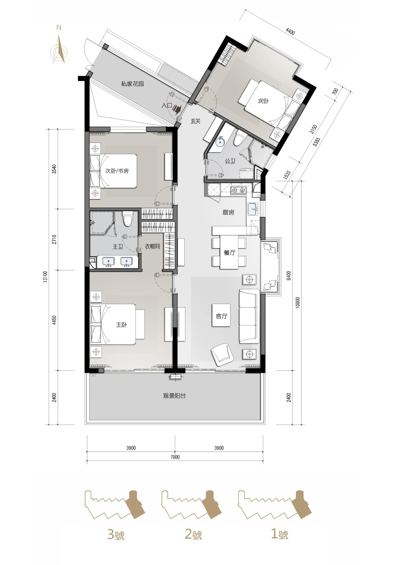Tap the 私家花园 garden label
[132, 84]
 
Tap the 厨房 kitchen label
[228, 213]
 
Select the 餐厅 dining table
[229, 252]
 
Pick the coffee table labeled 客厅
[221, 315]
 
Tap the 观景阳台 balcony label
[174, 396]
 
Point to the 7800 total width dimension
[175, 457]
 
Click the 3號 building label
[116, 535]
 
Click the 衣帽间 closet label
[152, 247]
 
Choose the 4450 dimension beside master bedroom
[54, 320]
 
